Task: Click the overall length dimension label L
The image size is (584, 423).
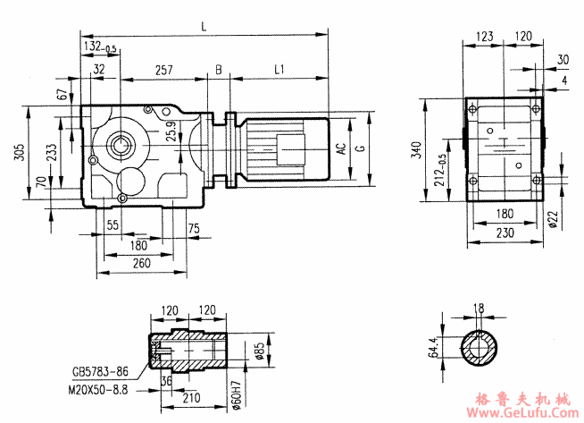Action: (x=205, y=28)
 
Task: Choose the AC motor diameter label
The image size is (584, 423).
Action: (x=340, y=148)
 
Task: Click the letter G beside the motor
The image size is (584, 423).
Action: (x=360, y=148)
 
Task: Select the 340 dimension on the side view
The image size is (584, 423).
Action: (x=416, y=149)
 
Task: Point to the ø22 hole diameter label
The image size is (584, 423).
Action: (x=555, y=217)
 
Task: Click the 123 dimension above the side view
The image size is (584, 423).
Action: (x=485, y=37)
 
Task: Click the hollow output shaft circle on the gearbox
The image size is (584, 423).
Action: (x=121, y=141)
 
